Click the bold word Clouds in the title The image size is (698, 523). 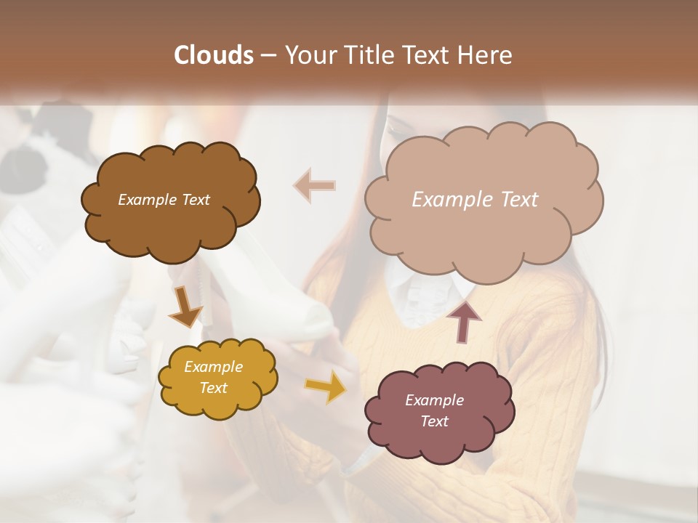pyautogui.click(x=214, y=55)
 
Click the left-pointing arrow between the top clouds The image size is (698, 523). pyautogui.click(x=314, y=186)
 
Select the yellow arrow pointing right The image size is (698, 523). pyautogui.click(x=325, y=386)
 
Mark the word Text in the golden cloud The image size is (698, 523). pyautogui.click(x=213, y=388)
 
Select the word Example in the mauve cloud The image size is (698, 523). pyautogui.click(x=434, y=400)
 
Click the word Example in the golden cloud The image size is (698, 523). pyautogui.click(x=213, y=367)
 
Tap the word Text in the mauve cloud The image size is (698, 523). pyautogui.click(x=434, y=421)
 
